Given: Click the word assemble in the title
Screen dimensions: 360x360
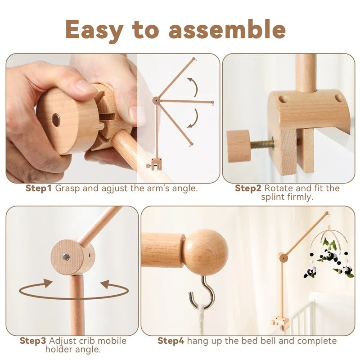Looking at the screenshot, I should pos(227,30).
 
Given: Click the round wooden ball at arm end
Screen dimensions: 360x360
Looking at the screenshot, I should pos(205,252).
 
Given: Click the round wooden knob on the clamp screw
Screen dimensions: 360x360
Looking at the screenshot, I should pos(238,146).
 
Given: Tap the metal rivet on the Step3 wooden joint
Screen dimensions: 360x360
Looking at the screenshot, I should pos(66,257).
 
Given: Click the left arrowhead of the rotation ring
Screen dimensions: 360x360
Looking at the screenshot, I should pos(48,283).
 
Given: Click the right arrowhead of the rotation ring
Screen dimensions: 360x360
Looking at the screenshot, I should pos(105,284).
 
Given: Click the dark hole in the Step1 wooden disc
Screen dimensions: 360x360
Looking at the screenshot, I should pos(56,120).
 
